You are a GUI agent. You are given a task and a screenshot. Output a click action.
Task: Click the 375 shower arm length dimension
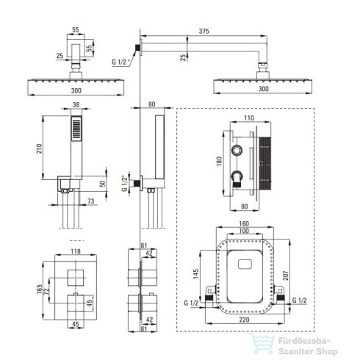click(204, 31)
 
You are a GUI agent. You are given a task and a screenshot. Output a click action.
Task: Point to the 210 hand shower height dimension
click(39, 148)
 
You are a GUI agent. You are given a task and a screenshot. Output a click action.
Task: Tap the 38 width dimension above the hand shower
click(76, 104)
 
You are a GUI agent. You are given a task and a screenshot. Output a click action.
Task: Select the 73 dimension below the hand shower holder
click(91, 201)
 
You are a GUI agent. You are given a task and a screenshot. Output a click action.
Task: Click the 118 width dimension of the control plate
click(76, 251)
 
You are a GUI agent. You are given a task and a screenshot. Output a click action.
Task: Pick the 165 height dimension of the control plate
click(39, 289)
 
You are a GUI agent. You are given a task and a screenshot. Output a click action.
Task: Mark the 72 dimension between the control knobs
click(46, 290)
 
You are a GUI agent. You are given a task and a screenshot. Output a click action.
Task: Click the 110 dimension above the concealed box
click(249, 118)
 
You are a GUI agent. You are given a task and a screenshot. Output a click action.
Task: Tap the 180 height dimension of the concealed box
click(219, 161)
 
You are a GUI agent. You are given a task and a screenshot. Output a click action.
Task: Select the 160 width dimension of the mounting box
click(244, 224)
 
